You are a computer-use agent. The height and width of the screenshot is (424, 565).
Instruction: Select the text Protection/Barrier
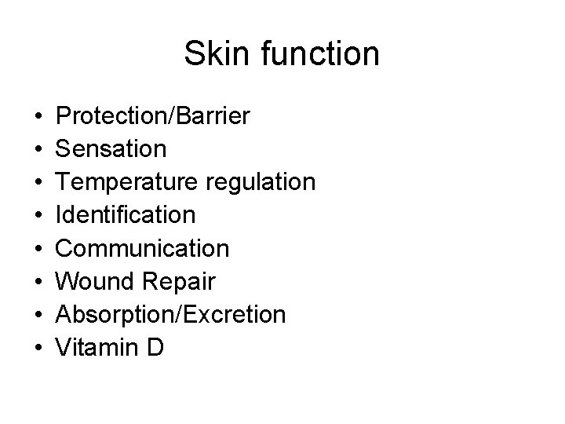153,117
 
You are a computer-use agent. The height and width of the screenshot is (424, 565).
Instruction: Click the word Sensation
111,150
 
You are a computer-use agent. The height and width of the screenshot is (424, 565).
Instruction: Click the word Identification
126,216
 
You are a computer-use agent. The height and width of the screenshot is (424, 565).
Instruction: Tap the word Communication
143,249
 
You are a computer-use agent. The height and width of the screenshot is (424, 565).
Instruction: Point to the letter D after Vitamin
155,348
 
